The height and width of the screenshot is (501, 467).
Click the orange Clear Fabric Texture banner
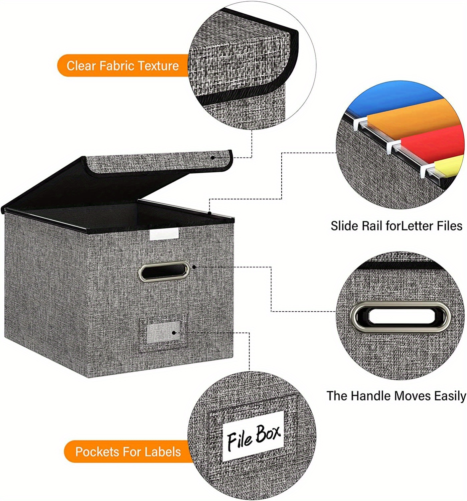(x=122, y=65)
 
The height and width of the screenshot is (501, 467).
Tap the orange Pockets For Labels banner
(x=128, y=452)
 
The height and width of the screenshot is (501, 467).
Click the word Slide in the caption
(x=344, y=226)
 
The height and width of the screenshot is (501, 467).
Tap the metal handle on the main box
(x=164, y=271)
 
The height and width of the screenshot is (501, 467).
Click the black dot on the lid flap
(x=212, y=157)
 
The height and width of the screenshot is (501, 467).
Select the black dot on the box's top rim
(x=209, y=212)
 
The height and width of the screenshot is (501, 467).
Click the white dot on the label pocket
(x=174, y=333)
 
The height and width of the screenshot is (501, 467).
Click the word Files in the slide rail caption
(x=450, y=226)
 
